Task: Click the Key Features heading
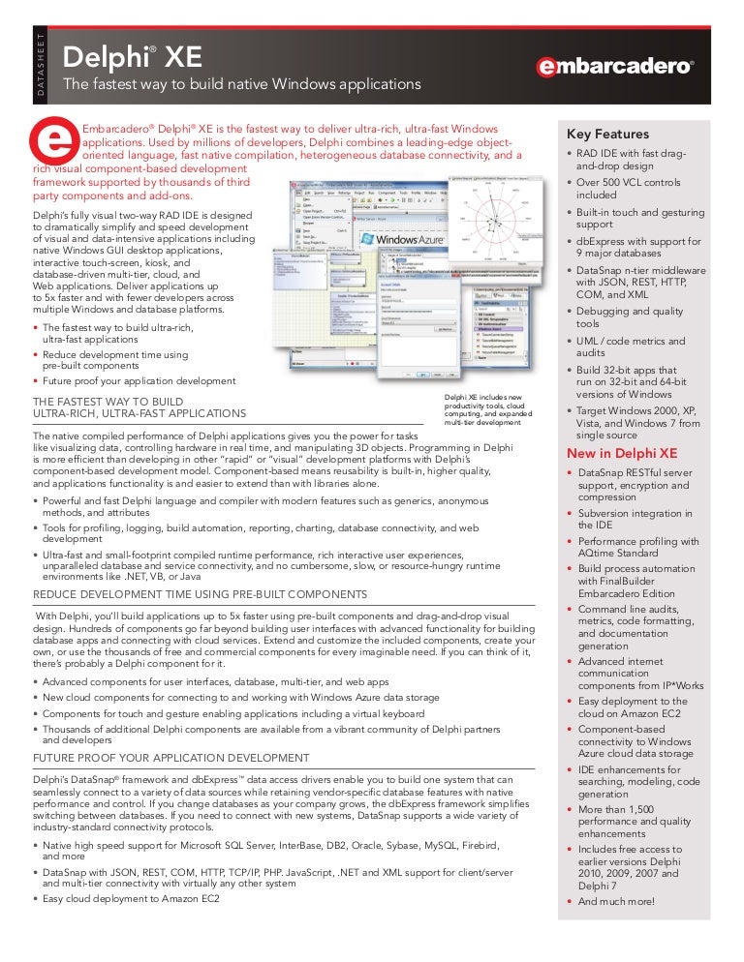tap(607, 135)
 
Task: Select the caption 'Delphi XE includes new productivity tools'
tap(489, 409)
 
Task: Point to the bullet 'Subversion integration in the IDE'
tap(635, 519)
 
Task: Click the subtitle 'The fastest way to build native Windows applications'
tap(242, 85)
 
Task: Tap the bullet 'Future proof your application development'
tap(139, 380)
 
